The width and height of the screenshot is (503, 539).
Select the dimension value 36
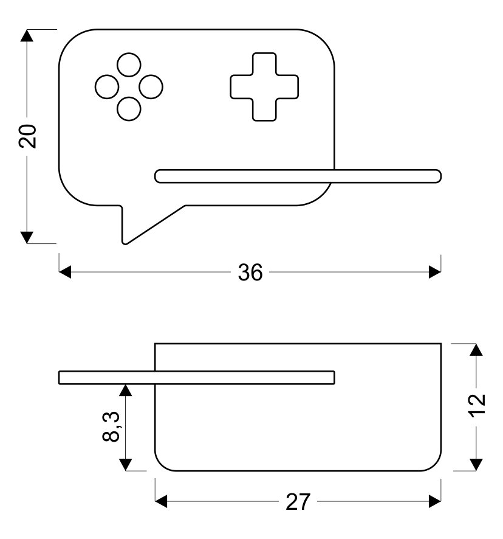click(250, 273)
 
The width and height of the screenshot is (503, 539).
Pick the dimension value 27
click(298, 502)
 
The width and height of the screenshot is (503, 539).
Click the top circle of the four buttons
click(128, 65)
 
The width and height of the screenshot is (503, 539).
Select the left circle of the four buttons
click(106, 87)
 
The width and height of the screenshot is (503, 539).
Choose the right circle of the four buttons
click(151, 87)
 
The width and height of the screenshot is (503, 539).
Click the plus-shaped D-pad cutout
click(264, 86)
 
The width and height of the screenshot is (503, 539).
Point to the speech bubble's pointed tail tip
click(126, 242)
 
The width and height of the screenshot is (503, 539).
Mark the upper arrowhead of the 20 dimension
click(26, 35)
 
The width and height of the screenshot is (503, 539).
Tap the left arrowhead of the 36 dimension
click(65, 272)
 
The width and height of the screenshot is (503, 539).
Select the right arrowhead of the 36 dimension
click(434, 272)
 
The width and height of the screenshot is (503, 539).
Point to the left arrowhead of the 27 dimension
click(162, 501)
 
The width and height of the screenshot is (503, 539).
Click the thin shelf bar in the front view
click(298, 176)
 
